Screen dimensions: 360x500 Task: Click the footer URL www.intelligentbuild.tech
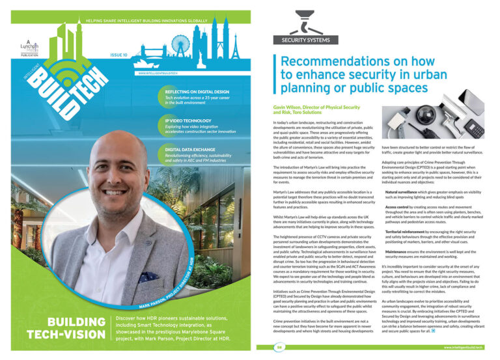pos(463,348)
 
